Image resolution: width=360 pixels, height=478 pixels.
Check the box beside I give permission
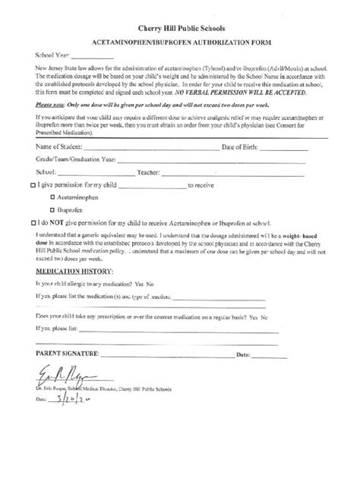tap(32, 186)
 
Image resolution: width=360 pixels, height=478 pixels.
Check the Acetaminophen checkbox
tap(51, 197)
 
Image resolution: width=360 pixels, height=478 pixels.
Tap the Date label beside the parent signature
tap(244, 355)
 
